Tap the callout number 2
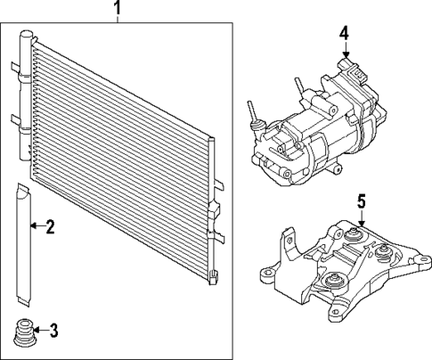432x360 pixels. pos(51,227)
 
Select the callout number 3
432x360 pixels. pos(53,332)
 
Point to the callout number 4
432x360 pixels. pos(344,35)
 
